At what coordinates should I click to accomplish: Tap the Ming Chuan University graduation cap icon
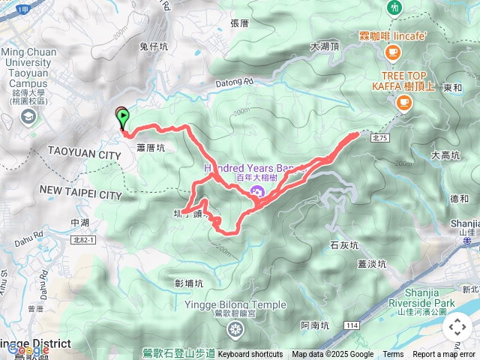click(x=28, y=115)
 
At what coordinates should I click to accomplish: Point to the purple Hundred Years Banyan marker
click(x=256, y=193)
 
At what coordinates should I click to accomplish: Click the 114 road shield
click(x=351, y=325)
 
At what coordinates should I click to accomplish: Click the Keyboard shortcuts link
click(x=250, y=354)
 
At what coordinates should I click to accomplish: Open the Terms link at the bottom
click(x=393, y=354)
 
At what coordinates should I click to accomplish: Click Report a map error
click(x=443, y=354)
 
